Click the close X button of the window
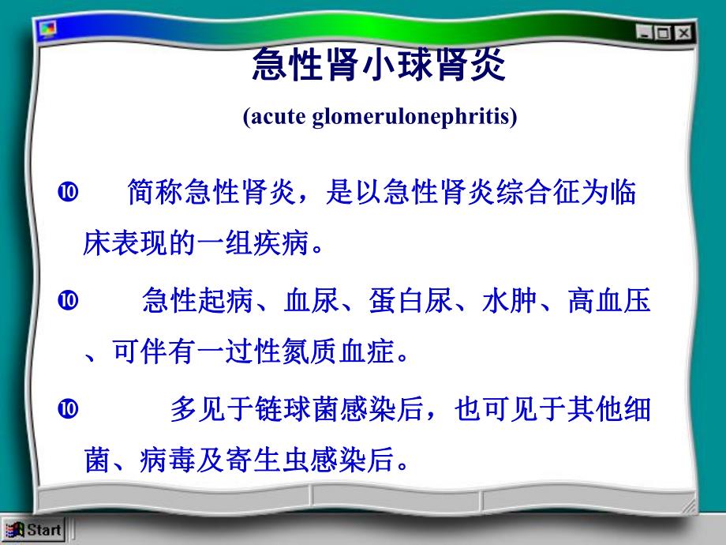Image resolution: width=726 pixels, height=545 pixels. pyautogui.click(x=682, y=32)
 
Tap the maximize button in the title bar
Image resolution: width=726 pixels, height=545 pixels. pyautogui.click(x=663, y=32)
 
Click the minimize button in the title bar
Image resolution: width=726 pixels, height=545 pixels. pyautogui.click(x=646, y=32)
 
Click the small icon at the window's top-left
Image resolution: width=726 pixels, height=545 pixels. pyautogui.click(x=48, y=30)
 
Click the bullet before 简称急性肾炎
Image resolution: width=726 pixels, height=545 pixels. pyautogui.click(x=68, y=192)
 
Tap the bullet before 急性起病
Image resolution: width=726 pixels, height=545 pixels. pyautogui.click(x=68, y=299)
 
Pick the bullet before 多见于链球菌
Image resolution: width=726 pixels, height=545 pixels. pyautogui.click(x=68, y=408)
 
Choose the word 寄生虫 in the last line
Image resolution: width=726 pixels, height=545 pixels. pyautogui.click(x=277, y=460)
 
